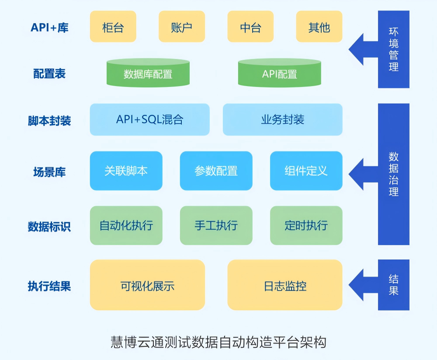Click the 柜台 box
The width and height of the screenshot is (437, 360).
pyautogui.click(x=113, y=27)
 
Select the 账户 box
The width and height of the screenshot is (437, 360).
pyautogui.click(x=181, y=27)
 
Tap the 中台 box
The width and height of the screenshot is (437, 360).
pyautogui.click(x=250, y=27)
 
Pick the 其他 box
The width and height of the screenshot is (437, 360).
pyautogui.click(x=319, y=27)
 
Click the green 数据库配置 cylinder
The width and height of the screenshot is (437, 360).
pyautogui.click(x=148, y=73)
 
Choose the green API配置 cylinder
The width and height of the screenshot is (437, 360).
pyautogui.click(x=279, y=73)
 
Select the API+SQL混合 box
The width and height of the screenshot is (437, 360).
pyautogui.click(x=149, y=119)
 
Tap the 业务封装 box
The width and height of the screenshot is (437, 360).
pyautogui.click(x=282, y=119)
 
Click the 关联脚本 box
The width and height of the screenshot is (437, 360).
pyautogui.click(x=126, y=170)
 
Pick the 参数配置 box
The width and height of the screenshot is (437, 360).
pyautogui.click(x=216, y=170)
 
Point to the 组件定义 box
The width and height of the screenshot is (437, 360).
pyautogui.click(x=306, y=170)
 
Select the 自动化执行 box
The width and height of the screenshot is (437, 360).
pyautogui.click(x=126, y=225)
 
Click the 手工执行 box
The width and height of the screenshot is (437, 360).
pyautogui.click(x=216, y=225)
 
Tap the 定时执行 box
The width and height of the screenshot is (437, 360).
pyautogui.click(x=306, y=225)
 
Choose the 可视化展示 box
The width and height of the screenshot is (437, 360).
pyautogui.click(x=147, y=285)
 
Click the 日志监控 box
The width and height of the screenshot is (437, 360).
pyautogui.click(x=285, y=285)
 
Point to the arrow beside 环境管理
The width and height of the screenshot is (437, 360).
pyautogui.click(x=363, y=49)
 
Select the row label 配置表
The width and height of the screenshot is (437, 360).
pyautogui.click(x=49, y=73)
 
